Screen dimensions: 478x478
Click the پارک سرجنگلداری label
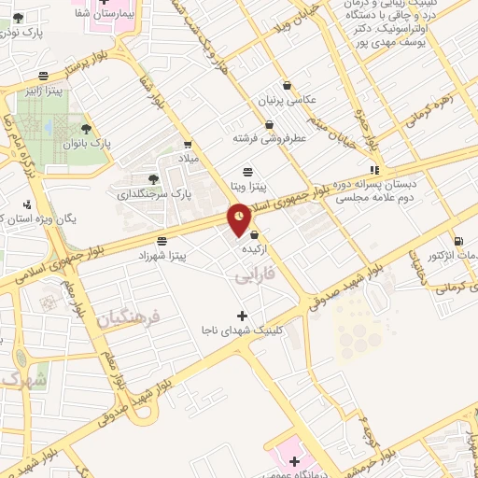pos(154,194)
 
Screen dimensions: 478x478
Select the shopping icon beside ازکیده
pos(255,235)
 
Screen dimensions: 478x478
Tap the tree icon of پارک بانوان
pos(87,129)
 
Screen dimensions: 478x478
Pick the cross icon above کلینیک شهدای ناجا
pos(243,316)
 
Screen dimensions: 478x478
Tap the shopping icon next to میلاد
pos(190,144)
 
